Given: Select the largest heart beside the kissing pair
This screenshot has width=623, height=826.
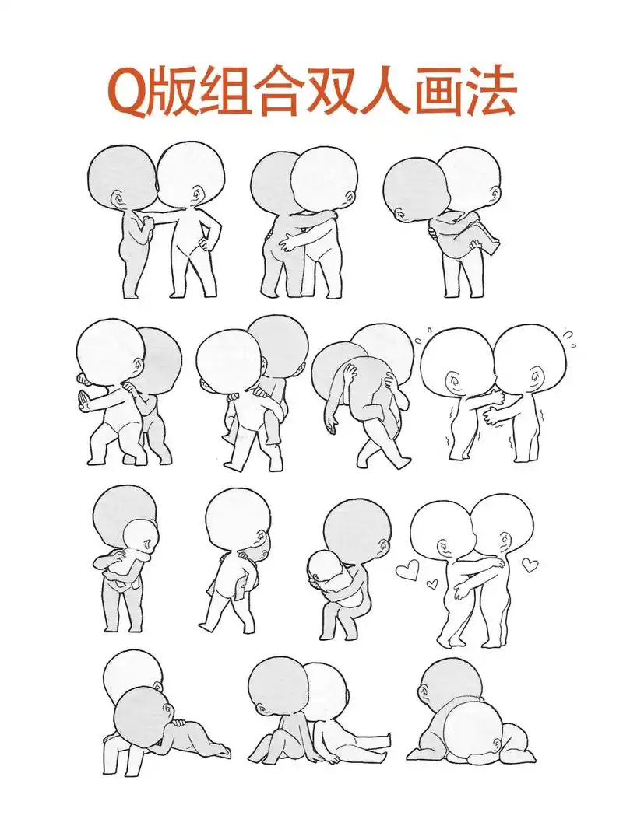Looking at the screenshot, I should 407,572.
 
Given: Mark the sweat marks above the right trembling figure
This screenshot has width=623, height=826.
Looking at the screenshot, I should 568,337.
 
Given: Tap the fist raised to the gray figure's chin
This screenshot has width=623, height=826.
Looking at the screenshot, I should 141,224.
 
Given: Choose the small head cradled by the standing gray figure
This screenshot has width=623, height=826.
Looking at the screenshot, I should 140,536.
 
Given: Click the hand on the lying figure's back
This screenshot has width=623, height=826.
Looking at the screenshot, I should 179,723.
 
